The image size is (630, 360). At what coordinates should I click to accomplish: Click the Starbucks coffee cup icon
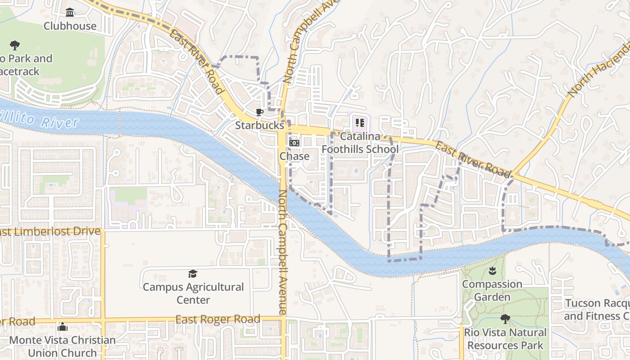(x=259, y=112)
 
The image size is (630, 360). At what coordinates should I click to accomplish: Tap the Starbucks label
(x=260, y=126)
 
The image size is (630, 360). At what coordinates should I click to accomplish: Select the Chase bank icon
(x=294, y=143)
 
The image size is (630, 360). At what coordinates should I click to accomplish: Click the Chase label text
(x=295, y=156)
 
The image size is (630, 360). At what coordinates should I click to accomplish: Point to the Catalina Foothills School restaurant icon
(x=360, y=122)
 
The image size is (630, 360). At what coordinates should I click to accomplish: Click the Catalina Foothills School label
(x=360, y=142)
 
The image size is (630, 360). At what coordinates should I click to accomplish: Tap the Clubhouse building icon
(x=70, y=12)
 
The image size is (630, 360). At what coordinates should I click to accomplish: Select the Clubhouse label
(x=70, y=26)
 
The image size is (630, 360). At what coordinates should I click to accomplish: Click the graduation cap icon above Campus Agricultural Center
(x=193, y=274)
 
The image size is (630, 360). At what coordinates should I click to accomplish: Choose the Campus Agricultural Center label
(x=193, y=293)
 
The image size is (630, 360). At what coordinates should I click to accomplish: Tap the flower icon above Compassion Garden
(x=492, y=271)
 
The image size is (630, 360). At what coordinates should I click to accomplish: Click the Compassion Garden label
(x=492, y=291)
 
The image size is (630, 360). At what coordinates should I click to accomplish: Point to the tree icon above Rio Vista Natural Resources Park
(x=505, y=319)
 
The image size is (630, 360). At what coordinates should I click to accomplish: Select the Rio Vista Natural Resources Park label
(x=505, y=339)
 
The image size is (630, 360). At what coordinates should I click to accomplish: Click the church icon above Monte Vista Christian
(x=62, y=327)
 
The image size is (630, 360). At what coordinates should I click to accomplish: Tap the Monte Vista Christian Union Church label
(x=62, y=346)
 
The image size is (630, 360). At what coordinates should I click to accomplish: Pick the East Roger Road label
(x=218, y=319)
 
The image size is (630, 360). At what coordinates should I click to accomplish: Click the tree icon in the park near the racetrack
(x=15, y=45)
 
